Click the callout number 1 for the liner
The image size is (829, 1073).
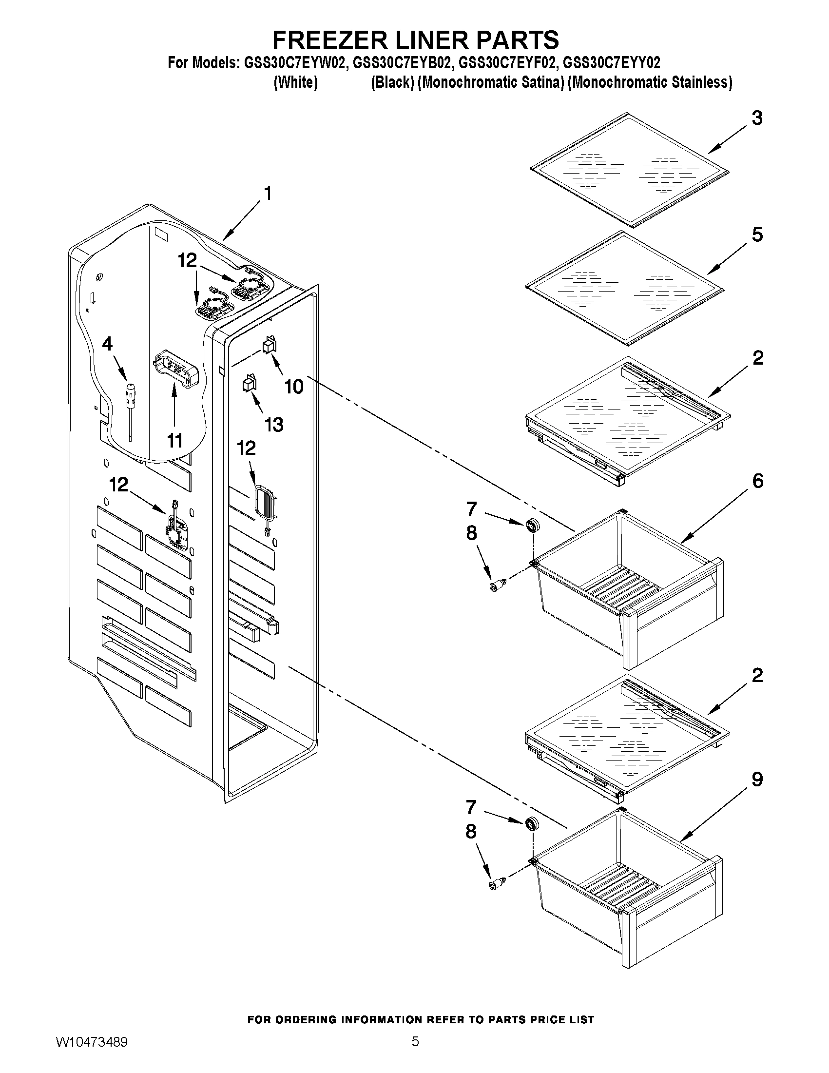[268, 194]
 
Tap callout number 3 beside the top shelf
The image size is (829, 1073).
[757, 118]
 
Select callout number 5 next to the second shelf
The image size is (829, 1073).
[757, 235]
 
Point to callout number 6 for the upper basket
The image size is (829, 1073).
[757, 481]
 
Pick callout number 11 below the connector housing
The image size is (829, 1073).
[175, 441]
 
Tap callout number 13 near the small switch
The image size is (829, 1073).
[273, 425]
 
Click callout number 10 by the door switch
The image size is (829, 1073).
[294, 387]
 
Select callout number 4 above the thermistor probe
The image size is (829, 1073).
[107, 344]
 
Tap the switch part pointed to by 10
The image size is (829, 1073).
[270, 345]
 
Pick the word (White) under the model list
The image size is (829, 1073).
[295, 82]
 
